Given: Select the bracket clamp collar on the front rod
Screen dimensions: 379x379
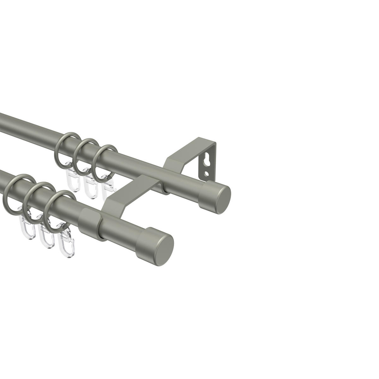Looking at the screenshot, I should (x=89, y=221).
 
